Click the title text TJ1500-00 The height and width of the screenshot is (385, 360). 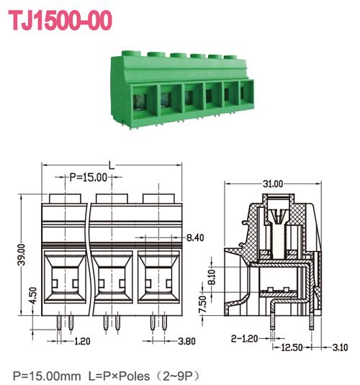coord(60,20)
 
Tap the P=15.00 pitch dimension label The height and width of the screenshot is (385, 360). coord(89,176)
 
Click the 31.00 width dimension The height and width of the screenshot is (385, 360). coord(273,184)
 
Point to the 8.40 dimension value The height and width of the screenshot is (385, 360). coord(195,237)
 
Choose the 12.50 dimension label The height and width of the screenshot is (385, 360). coord(292,348)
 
